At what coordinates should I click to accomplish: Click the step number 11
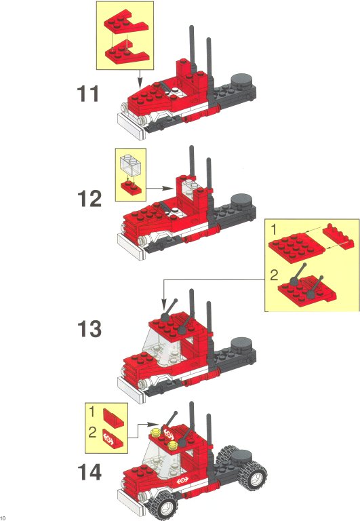click(87, 94)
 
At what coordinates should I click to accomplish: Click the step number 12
click(89, 198)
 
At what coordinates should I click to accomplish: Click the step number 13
click(89, 328)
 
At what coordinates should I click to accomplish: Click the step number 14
click(89, 472)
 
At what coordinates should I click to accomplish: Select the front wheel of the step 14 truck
click(164, 505)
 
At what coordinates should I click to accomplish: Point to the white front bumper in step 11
click(131, 127)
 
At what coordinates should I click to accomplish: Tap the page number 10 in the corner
click(3, 518)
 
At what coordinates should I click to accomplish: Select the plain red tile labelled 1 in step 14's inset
click(113, 417)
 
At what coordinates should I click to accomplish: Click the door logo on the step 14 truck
click(182, 480)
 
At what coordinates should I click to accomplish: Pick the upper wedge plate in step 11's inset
click(125, 25)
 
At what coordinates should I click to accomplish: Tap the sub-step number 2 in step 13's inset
click(274, 275)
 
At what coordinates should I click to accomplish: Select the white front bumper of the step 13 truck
click(131, 390)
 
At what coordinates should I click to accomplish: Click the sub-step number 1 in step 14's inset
click(92, 412)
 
